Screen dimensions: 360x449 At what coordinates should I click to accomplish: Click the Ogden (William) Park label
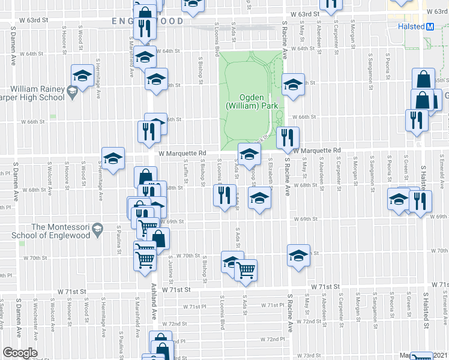point(248,101)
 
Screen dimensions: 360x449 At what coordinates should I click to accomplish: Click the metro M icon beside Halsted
point(430,27)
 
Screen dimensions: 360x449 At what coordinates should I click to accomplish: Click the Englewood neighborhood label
point(148,21)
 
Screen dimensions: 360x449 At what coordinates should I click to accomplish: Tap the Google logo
point(20,352)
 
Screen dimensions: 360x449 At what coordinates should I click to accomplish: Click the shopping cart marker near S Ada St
point(246,270)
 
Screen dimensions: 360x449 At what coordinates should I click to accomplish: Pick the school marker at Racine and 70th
point(298,255)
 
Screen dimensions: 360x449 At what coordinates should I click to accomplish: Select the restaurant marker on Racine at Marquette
point(288,137)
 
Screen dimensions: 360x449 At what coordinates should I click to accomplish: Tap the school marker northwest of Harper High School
point(82,75)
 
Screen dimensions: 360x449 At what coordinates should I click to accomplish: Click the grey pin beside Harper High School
point(72,92)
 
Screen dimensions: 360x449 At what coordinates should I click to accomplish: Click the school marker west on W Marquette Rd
point(113,158)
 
